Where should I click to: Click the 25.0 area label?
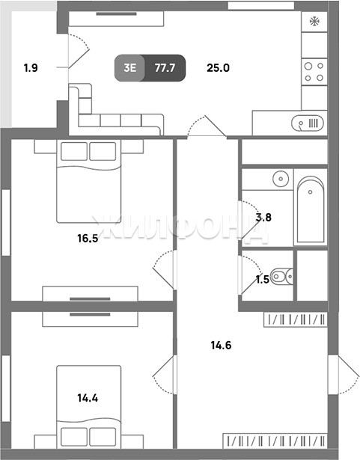click(x=218, y=68)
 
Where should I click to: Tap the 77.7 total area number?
click(x=165, y=68)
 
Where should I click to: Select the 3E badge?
click(x=129, y=68)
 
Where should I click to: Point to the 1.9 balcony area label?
click(x=31, y=68)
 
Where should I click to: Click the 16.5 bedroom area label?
click(x=88, y=238)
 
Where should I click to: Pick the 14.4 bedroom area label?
click(x=88, y=398)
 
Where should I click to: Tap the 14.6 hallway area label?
click(x=221, y=346)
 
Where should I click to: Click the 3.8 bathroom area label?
click(x=263, y=218)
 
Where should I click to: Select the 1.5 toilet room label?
click(x=263, y=280)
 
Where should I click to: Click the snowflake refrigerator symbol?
click(x=314, y=22)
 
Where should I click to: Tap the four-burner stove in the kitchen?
click(x=314, y=72)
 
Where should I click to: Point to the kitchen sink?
click(x=308, y=123)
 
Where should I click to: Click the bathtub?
click(x=311, y=209)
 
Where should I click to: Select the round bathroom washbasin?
click(x=281, y=179)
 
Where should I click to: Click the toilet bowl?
click(x=281, y=276)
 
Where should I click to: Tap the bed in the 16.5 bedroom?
click(x=88, y=181)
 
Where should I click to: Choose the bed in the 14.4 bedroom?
click(x=88, y=407)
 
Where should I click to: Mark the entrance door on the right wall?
click(x=344, y=375)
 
